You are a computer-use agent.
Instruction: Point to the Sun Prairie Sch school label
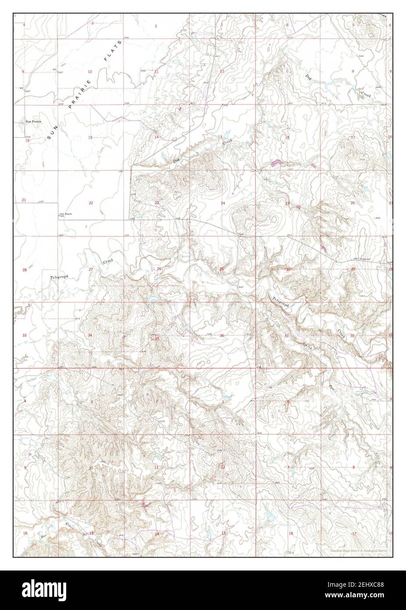pyautogui.click(x=66, y=215)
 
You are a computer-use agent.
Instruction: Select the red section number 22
pyautogui.click(x=91, y=203)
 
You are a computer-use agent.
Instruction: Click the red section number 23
pyautogui.click(x=157, y=203)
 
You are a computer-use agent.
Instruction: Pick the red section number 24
pyautogui.click(x=223, y=203)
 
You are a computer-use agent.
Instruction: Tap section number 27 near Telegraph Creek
pyautogui.click(x=91, y=269)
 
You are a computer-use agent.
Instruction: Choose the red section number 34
pyautogui.click(x=90, y=336)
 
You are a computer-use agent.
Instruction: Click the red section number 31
pyautogui.click(x=287, y=336)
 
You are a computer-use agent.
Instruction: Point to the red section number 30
pyautogui.click(x=288, y=269)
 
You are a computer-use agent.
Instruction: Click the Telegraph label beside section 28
pyautogui.click(x=60, y=277)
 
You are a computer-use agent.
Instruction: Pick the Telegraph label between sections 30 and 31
pyautogui.click(x=281, y=302)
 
